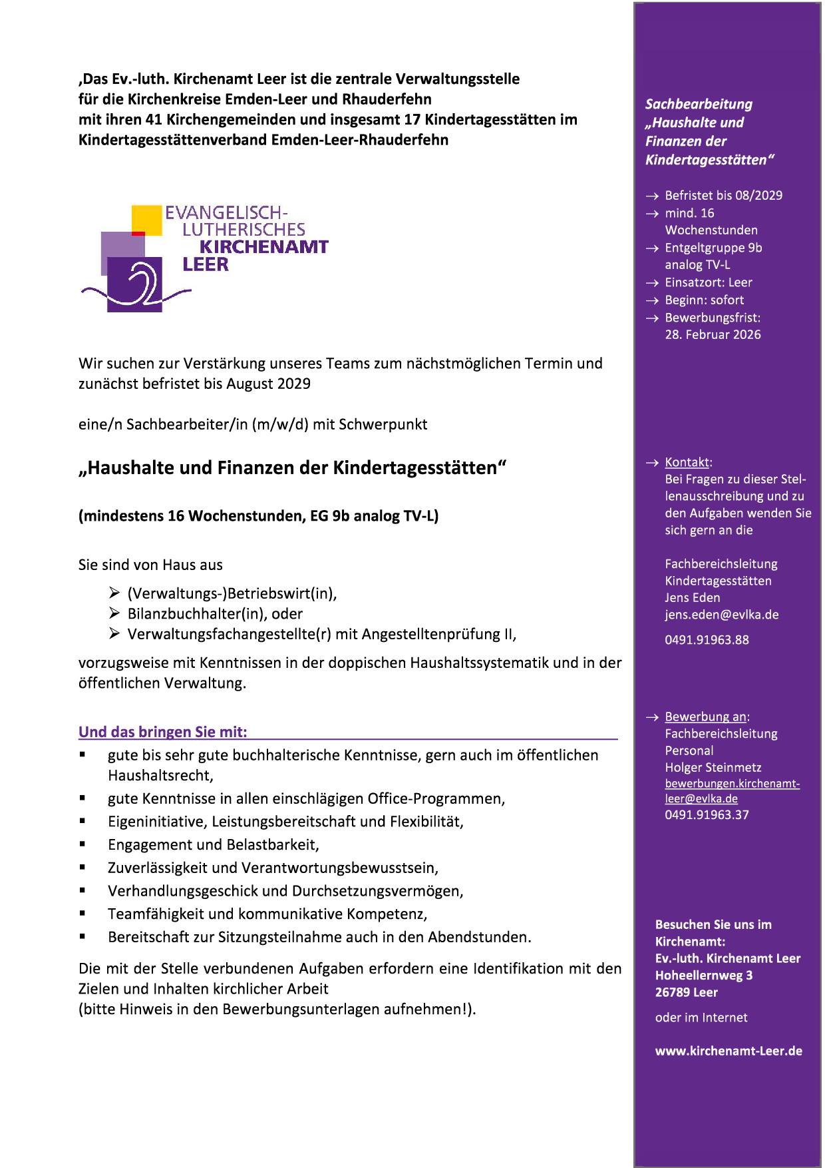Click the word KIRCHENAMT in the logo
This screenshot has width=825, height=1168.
pos(263,247)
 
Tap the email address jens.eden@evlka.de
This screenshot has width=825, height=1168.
pos(721,615)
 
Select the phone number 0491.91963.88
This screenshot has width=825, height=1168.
pos(707,640)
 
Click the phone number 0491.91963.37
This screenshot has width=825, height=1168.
pos(707,814)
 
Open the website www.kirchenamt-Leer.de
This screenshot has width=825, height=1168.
pos(729,1051)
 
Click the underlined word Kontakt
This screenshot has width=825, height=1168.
pos(687,462)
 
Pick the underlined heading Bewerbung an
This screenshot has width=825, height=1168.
pos(705,717)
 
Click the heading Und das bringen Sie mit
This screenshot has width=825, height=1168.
pos(162,732)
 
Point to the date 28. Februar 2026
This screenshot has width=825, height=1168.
pos(713,334)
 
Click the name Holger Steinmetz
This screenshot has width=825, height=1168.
pos(713,767)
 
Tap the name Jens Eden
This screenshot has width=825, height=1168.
pos(692,597)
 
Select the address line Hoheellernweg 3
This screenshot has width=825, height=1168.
pos(703,975)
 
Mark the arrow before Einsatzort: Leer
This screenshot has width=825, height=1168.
pos(651,283)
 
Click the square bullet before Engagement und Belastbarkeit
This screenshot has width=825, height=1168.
pos(82,844)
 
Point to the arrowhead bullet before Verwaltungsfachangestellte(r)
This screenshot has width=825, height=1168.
pos(114,633)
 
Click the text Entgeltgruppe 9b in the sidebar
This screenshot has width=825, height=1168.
pos(713,248)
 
